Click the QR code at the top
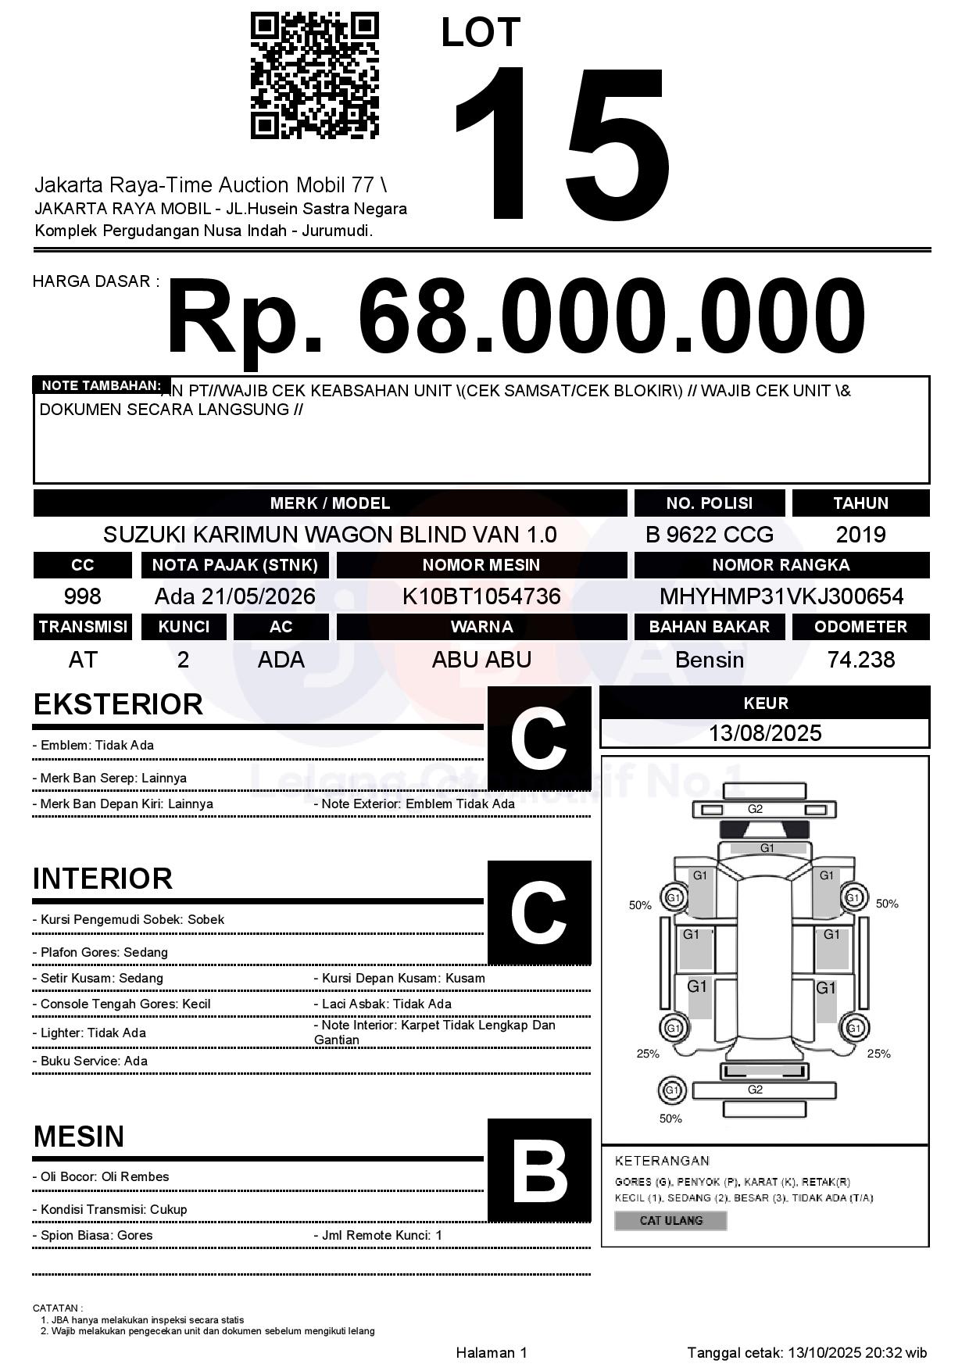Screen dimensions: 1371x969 314,76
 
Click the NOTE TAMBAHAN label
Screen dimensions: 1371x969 101,385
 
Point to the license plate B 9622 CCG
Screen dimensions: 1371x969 709,535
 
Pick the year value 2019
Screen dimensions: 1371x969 860,535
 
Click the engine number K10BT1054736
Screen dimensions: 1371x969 481,596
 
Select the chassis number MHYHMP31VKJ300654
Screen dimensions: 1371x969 781,596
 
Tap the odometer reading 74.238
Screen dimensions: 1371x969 860,660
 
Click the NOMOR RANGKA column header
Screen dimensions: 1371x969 781,565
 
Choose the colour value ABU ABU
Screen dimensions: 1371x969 481,660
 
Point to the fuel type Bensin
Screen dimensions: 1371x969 709,660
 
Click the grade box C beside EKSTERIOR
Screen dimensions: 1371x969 539,739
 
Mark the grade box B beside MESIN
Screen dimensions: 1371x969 539,1170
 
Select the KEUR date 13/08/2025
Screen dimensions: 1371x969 765,733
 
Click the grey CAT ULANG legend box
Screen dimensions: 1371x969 670,1220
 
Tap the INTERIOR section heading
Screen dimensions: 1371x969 102,879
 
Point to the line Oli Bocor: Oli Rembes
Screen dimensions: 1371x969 101,1176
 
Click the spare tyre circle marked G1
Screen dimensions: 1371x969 671,1090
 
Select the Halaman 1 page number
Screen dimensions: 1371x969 492,1352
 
